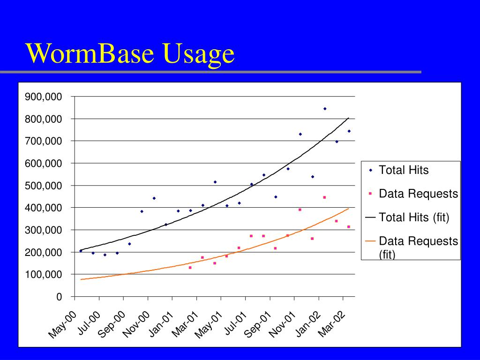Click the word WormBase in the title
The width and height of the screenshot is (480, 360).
point(89,53)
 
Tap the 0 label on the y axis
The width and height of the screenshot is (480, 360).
point(59,297)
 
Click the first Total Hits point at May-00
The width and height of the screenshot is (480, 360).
point(81,251)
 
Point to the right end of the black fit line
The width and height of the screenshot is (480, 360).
point(348,118)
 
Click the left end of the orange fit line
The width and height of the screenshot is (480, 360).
point(81,279)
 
